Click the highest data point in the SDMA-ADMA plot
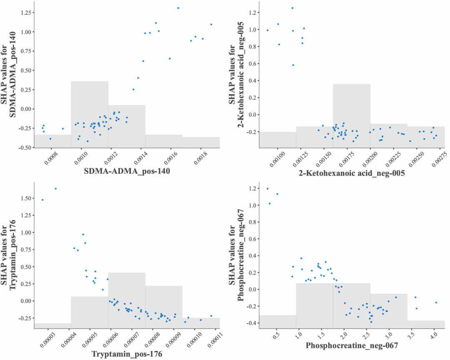pos(178,8)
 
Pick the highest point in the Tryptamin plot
pos(55,189)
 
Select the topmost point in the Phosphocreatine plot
pos(267,189)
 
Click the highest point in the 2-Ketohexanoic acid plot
pos(292,8)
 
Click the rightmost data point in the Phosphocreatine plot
pos(436,302)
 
